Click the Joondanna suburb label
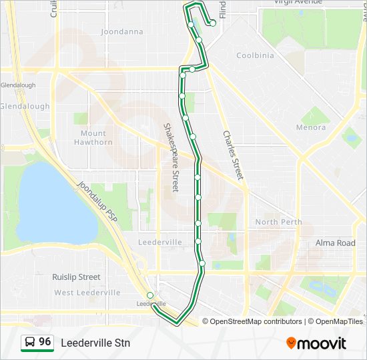click(x=121, y=31)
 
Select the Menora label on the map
click(x=311, y=127)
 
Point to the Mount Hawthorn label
click(x=92, y=137)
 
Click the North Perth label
click(x=278, y=222)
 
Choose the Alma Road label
click(x=335, y=243)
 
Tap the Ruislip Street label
click(x=76, y=277)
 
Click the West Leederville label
click(x=87, y=293)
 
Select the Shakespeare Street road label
click(x=171, y=157)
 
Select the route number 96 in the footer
click(x=45, y=342)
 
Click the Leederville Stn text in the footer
click(x=95, y=343)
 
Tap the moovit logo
click(x=316, y=343)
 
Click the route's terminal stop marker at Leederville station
click(x=150, y=295)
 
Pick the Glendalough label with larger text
click(x=24, y=106)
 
